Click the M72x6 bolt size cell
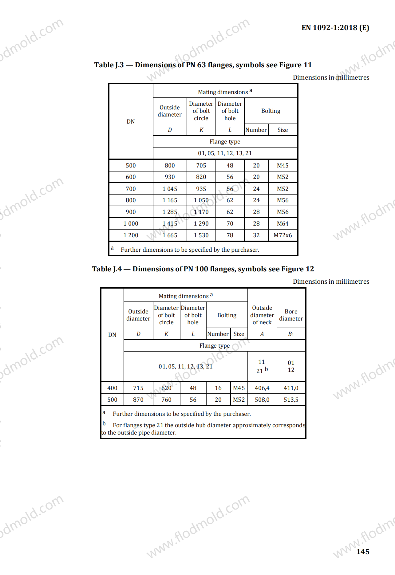(x=282, y=235)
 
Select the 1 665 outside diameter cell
(x=170, y=235)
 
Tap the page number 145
(x=363, y=552)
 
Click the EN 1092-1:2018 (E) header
(x=335, y=28)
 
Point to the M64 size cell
(x=282, y=223)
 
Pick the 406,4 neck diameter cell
(x=262, y=388)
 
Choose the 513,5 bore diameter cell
(x=291, y=400)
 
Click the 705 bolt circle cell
(x=201, y=165)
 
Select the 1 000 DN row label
(x=131, y=223)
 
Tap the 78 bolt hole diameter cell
(x=230, y=235)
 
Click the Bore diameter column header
(x=291, y=315)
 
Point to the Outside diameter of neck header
(x=262, y=315)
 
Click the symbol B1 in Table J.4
(x=291, y=334)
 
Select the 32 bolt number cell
(x=256, y=235)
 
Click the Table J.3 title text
(x=203, y=65)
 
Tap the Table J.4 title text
(x=203, y=269)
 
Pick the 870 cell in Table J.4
(x=138, y=400)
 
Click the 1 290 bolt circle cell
(x=201, y=223)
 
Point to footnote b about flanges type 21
(x=203, y=428)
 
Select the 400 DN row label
(x=112, y=388)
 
